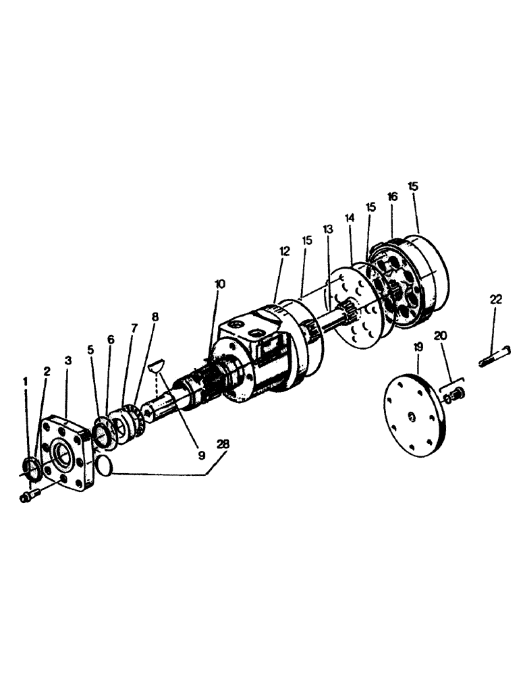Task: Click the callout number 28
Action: (x=223, y=445)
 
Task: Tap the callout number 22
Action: (x=496, y=300)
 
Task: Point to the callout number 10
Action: (x=221, y=284)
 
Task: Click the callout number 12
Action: (x=284, y=251)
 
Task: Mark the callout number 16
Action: (x=392, y=196)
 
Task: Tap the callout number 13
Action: (x=327, y=230)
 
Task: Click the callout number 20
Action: (x=441, y=336)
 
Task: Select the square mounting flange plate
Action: (x=65, y=454)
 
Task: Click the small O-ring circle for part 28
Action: (x=103, y=465)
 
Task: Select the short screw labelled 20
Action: (x=452, y=393)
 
